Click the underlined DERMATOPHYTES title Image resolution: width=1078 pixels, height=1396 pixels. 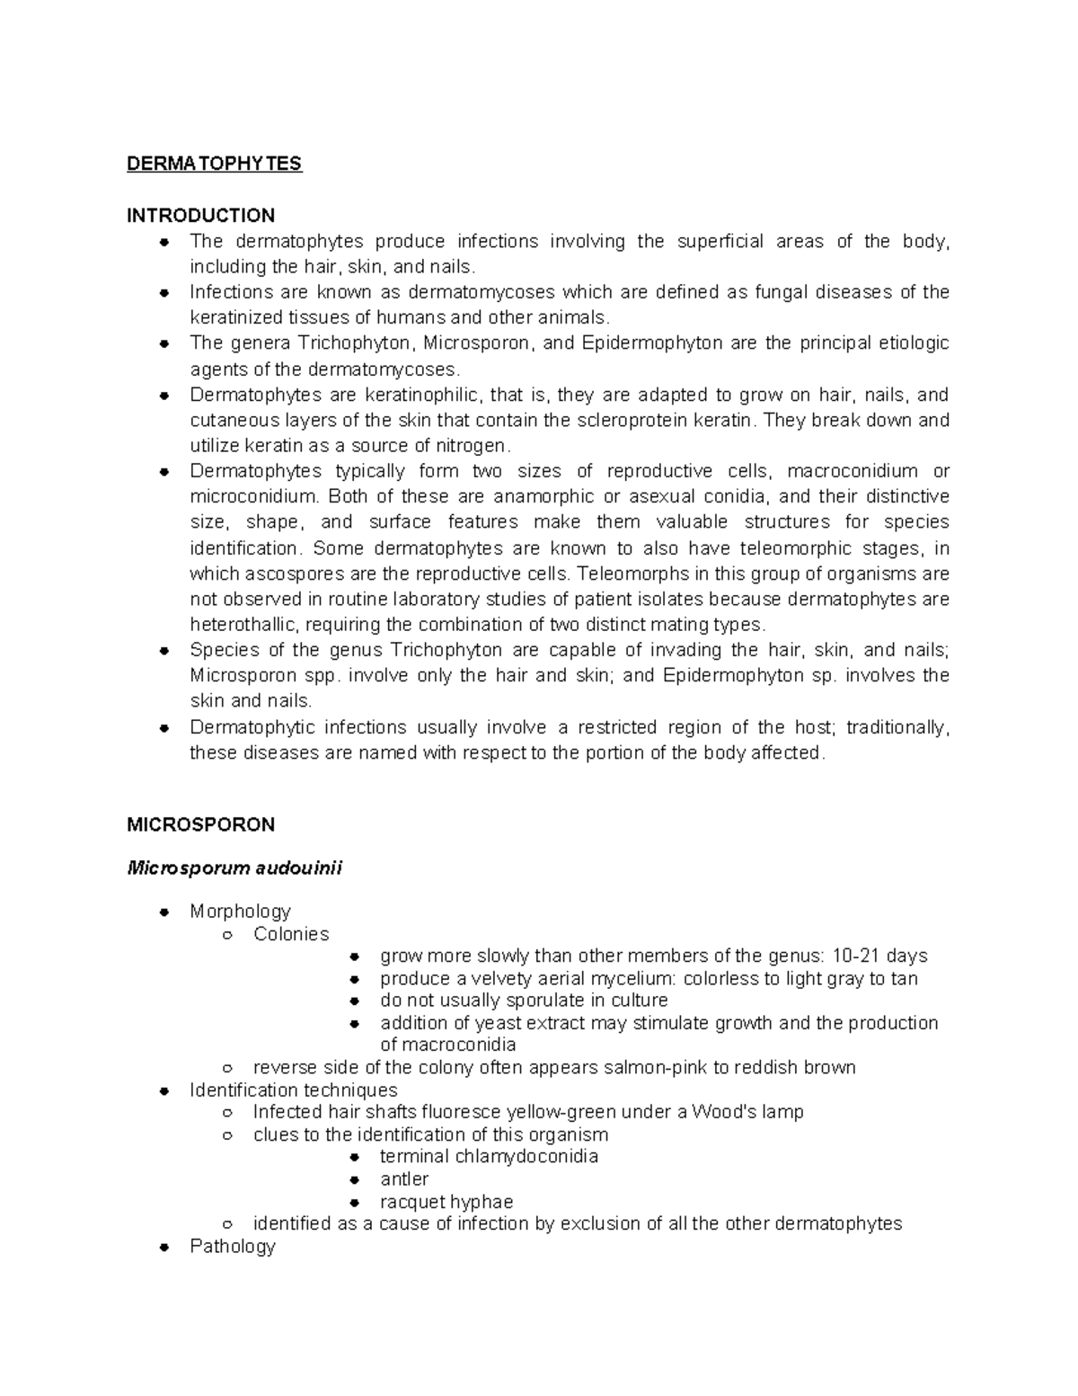214,164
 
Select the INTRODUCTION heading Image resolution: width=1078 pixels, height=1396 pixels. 200,216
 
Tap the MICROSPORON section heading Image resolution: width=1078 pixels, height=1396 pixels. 200,824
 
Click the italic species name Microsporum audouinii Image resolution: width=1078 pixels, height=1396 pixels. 234,868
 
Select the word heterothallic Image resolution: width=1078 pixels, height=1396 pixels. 239,625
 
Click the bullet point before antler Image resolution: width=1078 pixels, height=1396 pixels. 355,1179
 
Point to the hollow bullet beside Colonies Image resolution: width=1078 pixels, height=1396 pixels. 228,935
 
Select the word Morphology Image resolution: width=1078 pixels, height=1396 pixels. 240,911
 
